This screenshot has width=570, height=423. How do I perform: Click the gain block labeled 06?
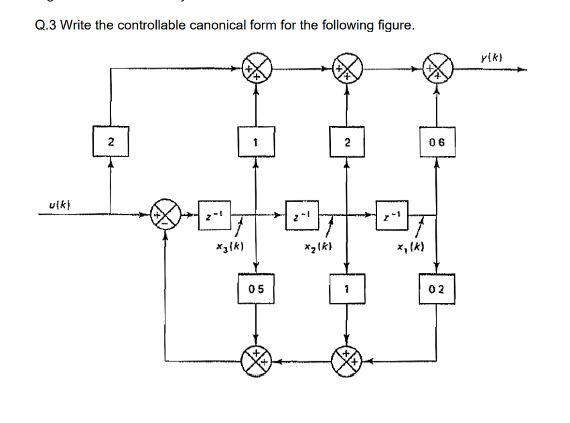(x=437, y=143)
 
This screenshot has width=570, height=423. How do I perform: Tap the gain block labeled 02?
(x=437, y=289)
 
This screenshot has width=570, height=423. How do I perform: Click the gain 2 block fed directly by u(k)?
(x=111, y=142)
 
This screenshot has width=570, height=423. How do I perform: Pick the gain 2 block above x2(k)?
(x=346, y=143)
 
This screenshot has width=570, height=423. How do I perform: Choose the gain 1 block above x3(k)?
(x=255, y=143)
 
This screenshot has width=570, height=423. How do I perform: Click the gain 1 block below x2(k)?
(x=346, y=289)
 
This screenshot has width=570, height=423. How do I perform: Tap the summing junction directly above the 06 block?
(x=437, y=69)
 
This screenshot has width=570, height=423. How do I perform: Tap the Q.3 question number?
(x=45, y=26)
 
